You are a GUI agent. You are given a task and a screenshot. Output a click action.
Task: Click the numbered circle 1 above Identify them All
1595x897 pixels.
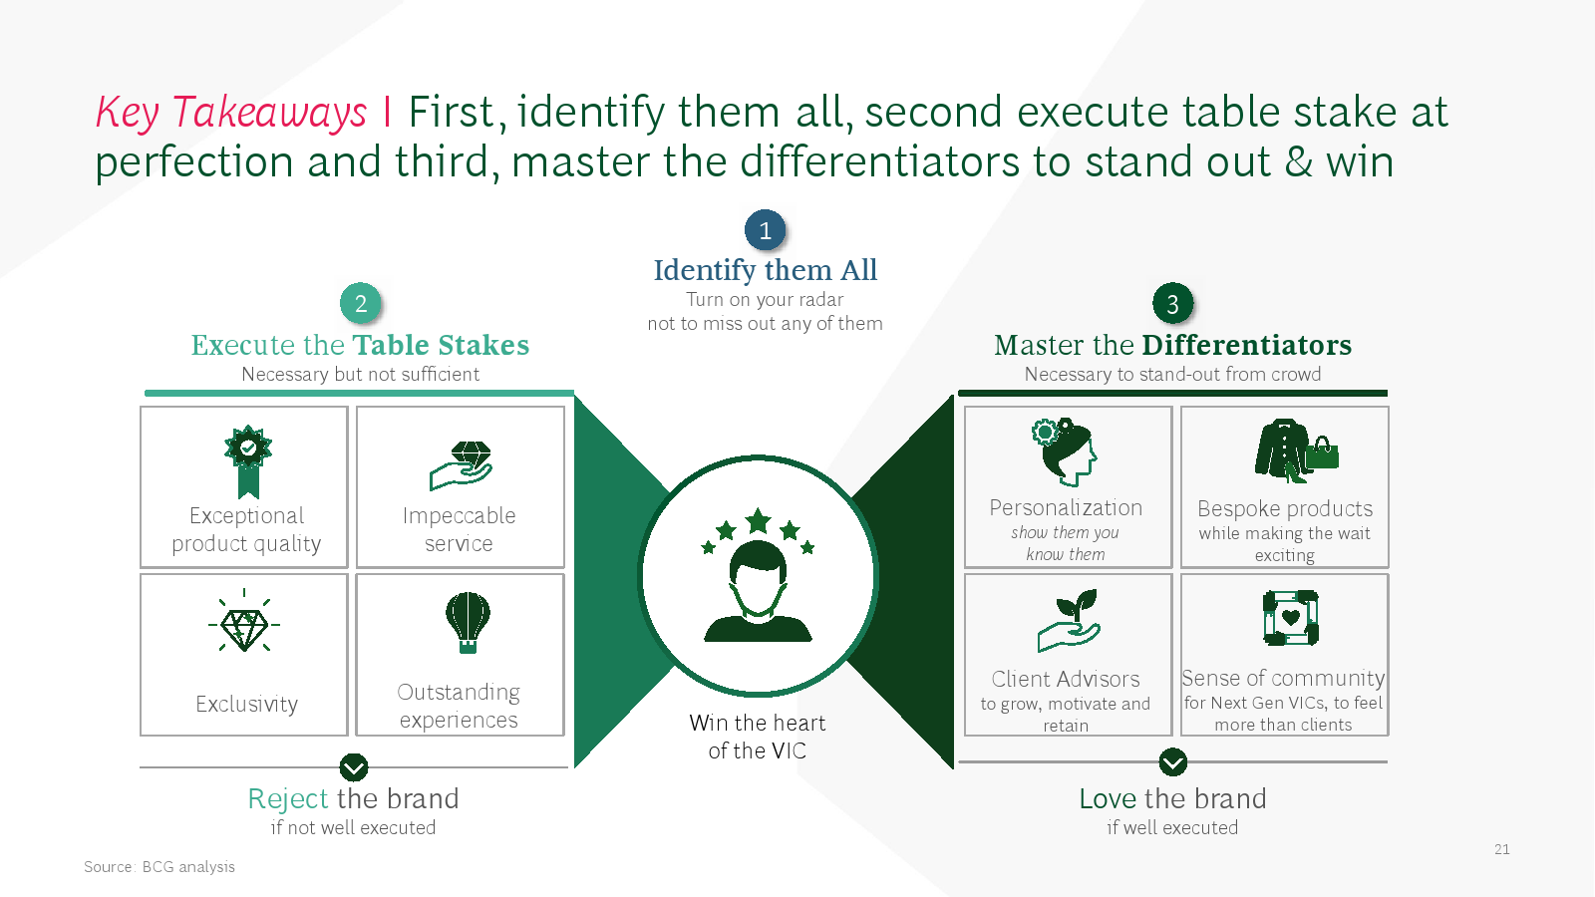tap(765, 230)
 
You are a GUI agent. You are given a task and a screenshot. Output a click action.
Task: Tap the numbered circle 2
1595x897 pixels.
tap(360, 304)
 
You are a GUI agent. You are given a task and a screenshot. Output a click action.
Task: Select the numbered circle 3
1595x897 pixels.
tap(1172, 304)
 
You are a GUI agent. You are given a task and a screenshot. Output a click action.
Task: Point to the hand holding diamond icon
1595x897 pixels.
tap(461, 465)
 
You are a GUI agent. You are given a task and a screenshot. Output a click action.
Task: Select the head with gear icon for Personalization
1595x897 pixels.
tap(1065, 452)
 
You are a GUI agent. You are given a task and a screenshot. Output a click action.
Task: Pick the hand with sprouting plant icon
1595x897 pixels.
tap(1069, 621)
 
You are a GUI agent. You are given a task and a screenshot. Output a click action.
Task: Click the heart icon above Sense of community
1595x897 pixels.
tap(1291, 618)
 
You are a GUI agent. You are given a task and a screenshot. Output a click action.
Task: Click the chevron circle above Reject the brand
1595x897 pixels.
tap(354, 767)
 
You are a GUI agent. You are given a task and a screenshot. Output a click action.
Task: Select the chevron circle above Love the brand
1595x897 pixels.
tap(1172, 762)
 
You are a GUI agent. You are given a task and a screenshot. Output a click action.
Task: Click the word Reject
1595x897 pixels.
tap(288, 799)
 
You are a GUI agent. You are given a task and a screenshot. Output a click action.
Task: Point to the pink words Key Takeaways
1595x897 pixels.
tap(231, 113)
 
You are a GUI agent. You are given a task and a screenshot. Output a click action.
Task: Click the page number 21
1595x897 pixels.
tap(1501, 849)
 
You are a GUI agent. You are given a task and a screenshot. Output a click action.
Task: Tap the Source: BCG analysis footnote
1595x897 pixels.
tap(159, 867)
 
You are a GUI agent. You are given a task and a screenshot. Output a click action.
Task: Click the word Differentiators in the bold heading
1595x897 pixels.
tap(1247, 345)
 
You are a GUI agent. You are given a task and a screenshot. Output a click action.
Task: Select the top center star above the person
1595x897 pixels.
tap(758, 521)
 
